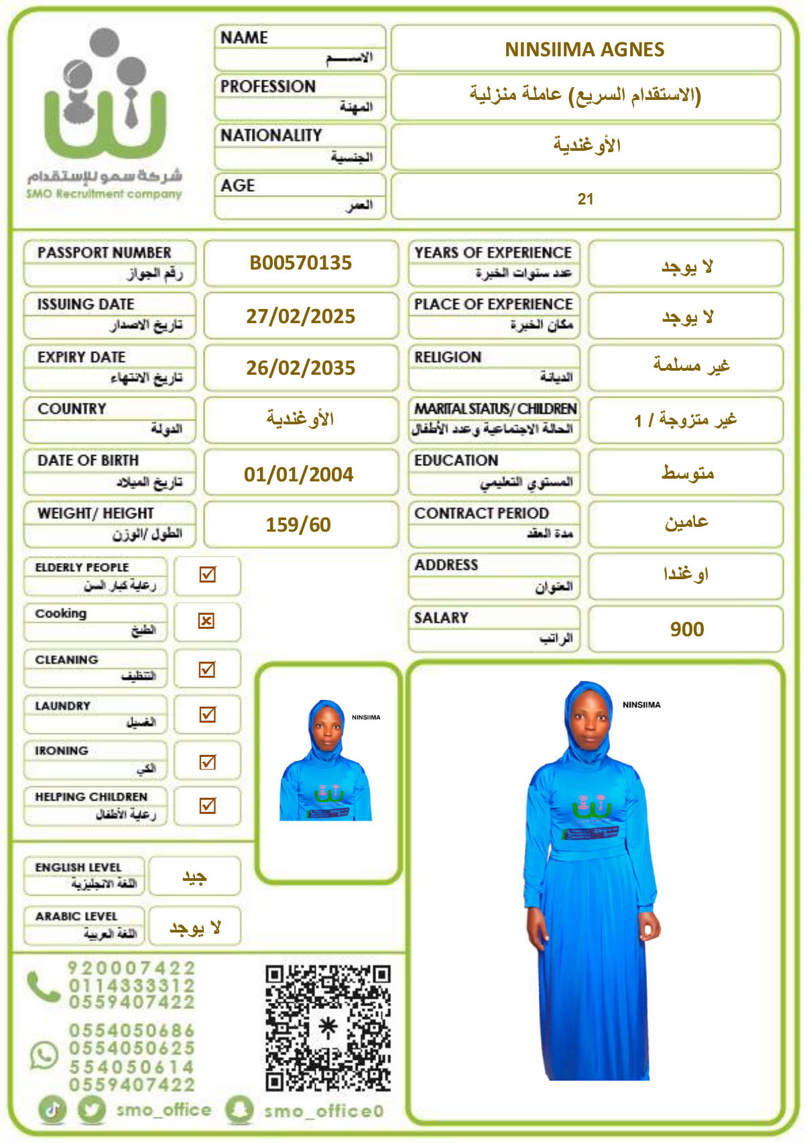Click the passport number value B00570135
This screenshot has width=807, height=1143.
pyautogui.click(x=300, y=263)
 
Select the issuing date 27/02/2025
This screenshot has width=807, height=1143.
pyautogui.click(x=300, y=316)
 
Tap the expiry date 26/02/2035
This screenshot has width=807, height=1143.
pyautogui.click(x=300, y=368)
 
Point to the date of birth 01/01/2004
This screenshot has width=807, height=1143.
pyautogui.click(x=298, y=475)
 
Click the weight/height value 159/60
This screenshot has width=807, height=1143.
pyautogui.click(x=298, y=525)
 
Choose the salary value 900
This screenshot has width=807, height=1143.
pyautogui.click(x=687, y=629)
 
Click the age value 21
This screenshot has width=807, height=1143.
pyautogui.click(x=585, y=199)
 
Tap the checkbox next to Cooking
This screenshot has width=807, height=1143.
pyautogui.click(x=206, y=621)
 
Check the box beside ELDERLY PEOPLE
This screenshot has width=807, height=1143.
pyautogui.click(x=208, y=575)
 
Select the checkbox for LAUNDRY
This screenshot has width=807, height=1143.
pyautogui.click(x=208, y=715)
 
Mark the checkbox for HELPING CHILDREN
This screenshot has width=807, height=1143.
pyautogui.click(x=208, y=805)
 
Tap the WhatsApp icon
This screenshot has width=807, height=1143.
pyautogui.click(x=44, y=1055)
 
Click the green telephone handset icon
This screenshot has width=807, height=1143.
pyautogui.click(x=44, y=986)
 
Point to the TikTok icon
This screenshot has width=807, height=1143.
pyautogui.click(x=53, y=1109)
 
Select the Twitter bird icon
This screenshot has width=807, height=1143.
pyautogui.click(x=92, y=1109)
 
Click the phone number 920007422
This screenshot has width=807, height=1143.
pyautogui.click(x=131, y=969)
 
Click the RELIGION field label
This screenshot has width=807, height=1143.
pyautogui.click(x=448, y=357)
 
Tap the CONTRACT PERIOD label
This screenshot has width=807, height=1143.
pyautogui.click(x=481, y=514)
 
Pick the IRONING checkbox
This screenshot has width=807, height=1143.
pyautogui.click(x=208, y=762)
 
